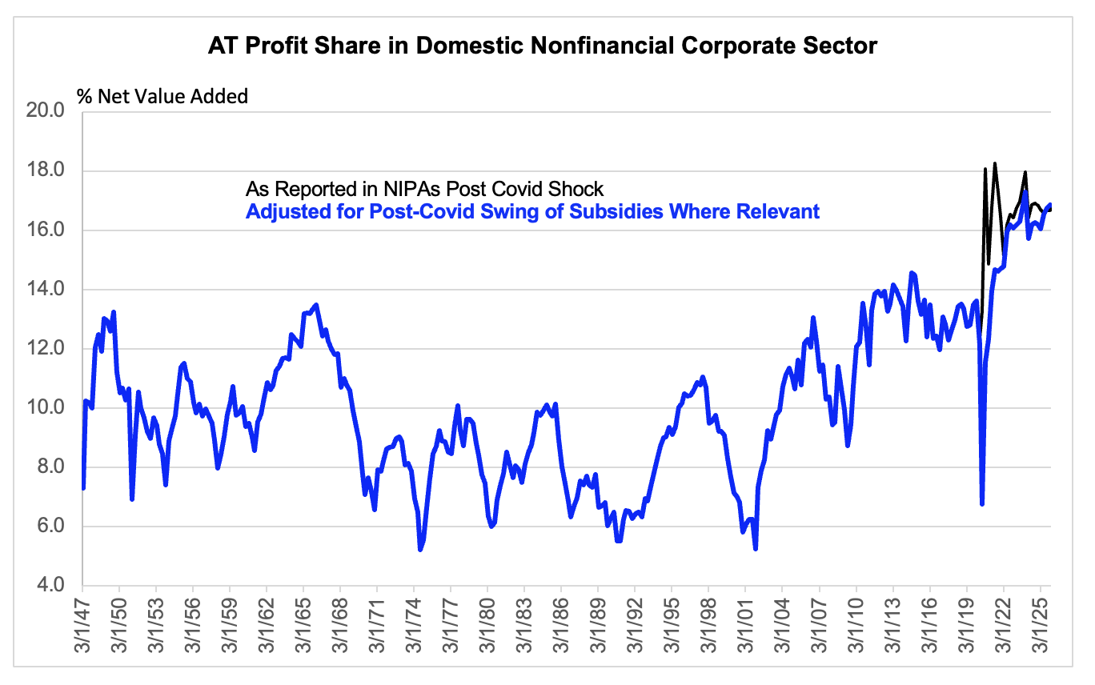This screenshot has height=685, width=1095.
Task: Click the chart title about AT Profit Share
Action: click(x=542, y=46)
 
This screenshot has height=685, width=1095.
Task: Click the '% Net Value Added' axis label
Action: click(x=162, y=96)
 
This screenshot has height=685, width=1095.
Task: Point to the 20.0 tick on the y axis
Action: click(x=45, y=110)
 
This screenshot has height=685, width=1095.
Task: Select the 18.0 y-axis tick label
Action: click(x=45, y=170)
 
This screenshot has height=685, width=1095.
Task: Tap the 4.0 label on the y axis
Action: click(x=50, y=585)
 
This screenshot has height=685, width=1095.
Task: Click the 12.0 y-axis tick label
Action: click(x=45, y=348)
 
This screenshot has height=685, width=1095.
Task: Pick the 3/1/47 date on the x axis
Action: click(x=83, y=626)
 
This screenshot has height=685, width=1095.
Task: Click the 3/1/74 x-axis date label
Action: click(x=414, y=626)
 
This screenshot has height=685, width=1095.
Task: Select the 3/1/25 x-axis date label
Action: click(x=1041, y=626)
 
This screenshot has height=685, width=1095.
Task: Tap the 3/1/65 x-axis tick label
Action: click(x=303, y=626)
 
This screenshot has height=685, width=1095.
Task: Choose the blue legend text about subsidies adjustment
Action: click(x=532, y=211)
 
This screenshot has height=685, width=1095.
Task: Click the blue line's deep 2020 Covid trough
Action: click(x=981, y=503)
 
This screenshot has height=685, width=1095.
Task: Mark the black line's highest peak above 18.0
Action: click(x=994, y=164)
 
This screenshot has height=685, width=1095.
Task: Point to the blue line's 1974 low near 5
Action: click(x=420, y=550)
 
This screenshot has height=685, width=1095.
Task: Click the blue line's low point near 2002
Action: click(x=756, y=548)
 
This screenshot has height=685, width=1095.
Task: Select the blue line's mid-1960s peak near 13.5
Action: click(x=316, y=306)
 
